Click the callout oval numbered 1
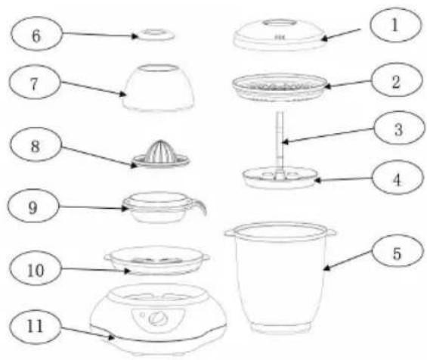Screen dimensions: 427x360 pos(395,25)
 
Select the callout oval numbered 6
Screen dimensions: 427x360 pos(37,34)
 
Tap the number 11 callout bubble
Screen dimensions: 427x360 pos(36,327)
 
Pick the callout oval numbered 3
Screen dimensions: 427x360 pos(399,128)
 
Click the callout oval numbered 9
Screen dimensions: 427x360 pos(33,206)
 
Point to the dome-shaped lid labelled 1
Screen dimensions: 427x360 pos(280,35)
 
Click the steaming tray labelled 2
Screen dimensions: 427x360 pos(280,87)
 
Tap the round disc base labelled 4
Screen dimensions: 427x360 pos(280,178)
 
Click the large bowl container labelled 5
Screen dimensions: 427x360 pos(280,278)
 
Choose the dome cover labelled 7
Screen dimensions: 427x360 pos(158,88)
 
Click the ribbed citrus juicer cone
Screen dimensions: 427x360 pos(161,151)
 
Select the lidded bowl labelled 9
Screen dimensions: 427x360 pos(161,208)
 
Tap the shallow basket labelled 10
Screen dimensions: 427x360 pos(157,260)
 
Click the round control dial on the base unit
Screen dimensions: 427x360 pos(156,318)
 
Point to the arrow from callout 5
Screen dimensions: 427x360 pos(348,261)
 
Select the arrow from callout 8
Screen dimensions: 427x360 pos(96,157)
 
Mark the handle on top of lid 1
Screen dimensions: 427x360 pos(279,23)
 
